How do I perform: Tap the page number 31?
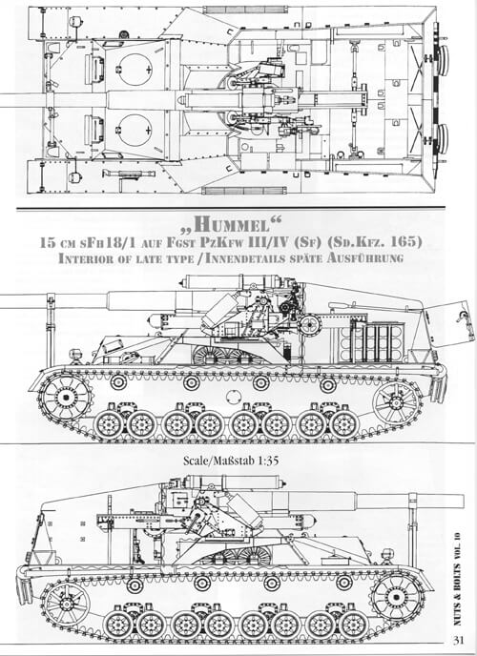point(458,640)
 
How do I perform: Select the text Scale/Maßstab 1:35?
point(231,461)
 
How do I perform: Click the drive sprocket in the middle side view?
point(66,396)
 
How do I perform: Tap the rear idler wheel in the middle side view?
point(395,403)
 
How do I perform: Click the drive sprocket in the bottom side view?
point(398,596)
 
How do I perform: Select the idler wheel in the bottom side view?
point(67,604)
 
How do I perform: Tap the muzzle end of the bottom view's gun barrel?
point(464,501)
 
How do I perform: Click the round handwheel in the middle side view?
point(310,324)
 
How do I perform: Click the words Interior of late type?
point(126,258)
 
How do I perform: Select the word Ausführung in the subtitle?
point(364,258)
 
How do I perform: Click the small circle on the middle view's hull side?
point(234,396)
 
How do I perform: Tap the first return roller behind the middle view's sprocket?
point(118,381)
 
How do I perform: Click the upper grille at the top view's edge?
point(245,10)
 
